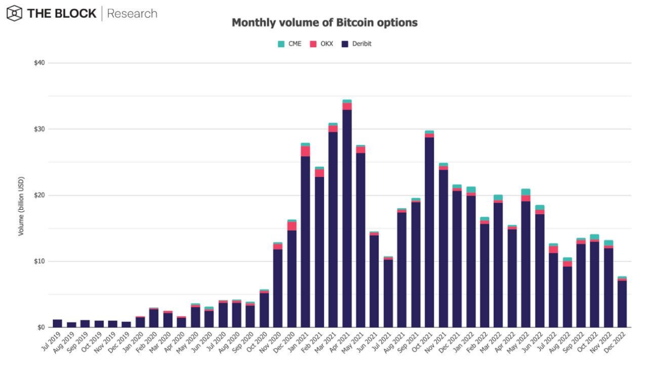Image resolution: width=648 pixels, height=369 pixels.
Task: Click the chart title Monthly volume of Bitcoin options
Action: coord(325,23)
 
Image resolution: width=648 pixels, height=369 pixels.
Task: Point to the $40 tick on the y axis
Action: coord(39,63)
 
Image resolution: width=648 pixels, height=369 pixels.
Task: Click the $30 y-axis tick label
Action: coord(39,129)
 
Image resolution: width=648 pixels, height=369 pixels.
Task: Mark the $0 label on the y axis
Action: coord(41,327)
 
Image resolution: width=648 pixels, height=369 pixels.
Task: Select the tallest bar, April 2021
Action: coord(347,214)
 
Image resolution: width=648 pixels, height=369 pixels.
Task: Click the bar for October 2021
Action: coord(429,230)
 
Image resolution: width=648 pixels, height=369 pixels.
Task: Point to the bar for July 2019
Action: coord(57,324)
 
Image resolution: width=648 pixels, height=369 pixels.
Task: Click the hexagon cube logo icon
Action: coord(14,13)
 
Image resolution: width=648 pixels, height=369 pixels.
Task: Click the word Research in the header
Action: coord(132,14)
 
